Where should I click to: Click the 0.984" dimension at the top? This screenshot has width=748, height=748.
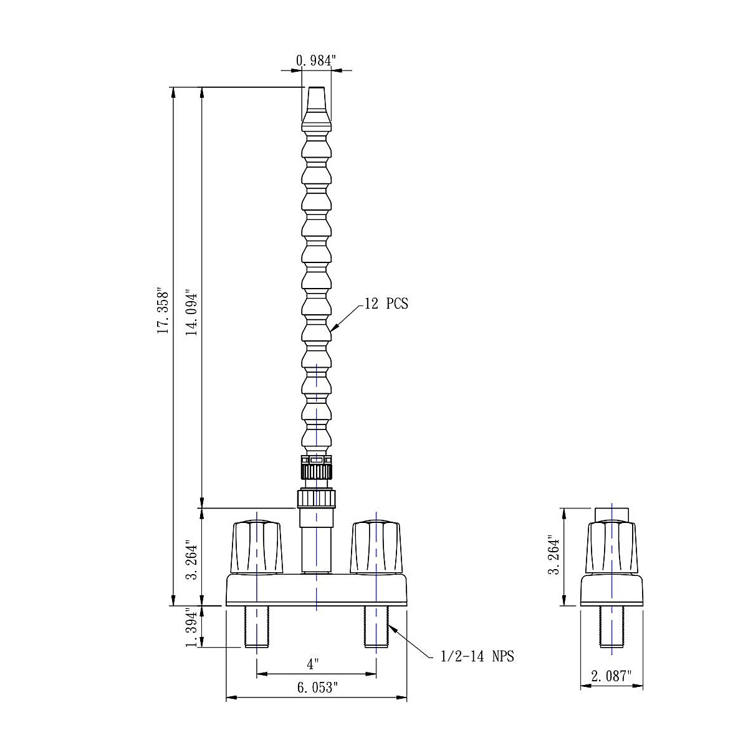pyautogui.click(x=315, y=60)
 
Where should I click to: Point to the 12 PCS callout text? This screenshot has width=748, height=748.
pyautogui.click(x=386, y=303)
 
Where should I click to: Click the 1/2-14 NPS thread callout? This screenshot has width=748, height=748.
pyautogui.click(x=477, y=656)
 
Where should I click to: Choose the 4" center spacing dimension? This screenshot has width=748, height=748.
pyautogui.click(x=311, y=664)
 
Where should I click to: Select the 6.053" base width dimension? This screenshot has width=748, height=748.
pyautogui.click(x=317, y=688)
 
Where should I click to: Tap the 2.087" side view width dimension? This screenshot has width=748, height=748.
pyautogui.click(x=611, y=676)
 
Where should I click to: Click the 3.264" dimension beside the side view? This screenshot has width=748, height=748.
pyautogui.click(x=554, y=555)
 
